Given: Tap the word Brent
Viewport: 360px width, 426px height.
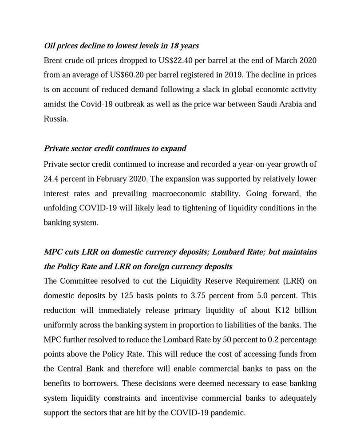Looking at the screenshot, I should point(54,60).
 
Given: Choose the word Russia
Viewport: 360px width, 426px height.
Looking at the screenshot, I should point(55,119).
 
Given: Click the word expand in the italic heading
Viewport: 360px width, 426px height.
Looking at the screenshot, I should point(174,149).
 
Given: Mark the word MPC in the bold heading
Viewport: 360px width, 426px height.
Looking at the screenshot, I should point(53,252).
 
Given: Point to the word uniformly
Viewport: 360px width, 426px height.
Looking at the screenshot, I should point(60,325).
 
